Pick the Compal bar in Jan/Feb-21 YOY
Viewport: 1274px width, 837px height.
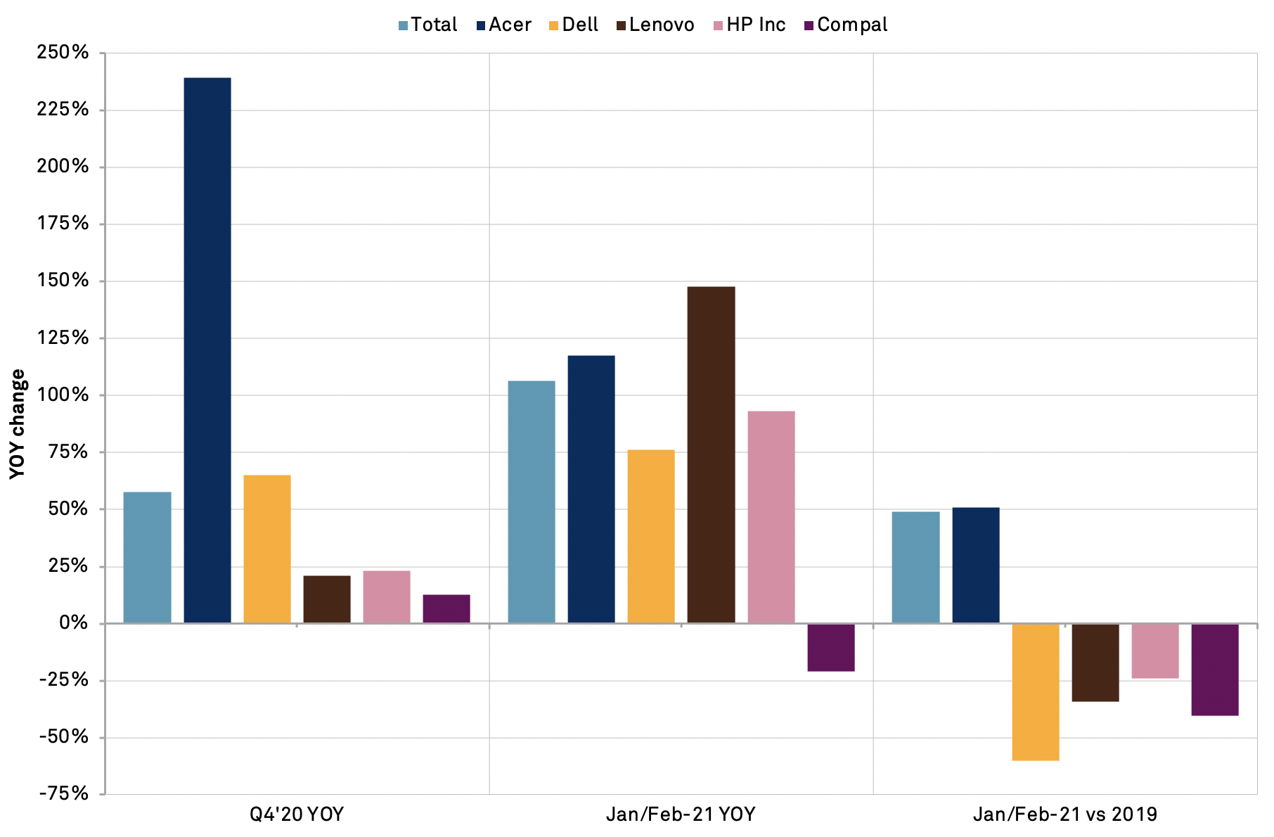[x=831, y=647]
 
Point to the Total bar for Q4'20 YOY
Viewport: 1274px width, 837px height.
[x=147, y=557]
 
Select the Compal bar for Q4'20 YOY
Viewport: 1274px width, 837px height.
[x=446, y=608]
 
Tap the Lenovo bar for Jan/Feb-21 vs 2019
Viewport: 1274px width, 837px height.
[x=1095, y=662]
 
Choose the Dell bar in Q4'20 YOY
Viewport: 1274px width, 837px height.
[x=267, y=549]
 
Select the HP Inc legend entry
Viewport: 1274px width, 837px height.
[x=749, y=25]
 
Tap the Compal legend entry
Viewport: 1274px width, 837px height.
[x=846, y=25]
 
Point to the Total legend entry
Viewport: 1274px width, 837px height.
[x=427, y=25]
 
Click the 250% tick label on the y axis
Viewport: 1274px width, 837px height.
[x=63, y=53]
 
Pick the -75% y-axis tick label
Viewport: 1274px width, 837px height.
[x=64, y=794]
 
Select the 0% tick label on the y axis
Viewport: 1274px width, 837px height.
[x=73, y=623]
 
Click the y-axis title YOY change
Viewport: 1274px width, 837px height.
[x=18, y=424]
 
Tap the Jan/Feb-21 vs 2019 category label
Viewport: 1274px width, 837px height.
[x=1065, y=814]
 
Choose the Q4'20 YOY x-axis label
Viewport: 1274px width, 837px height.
[x=297, y=814]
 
